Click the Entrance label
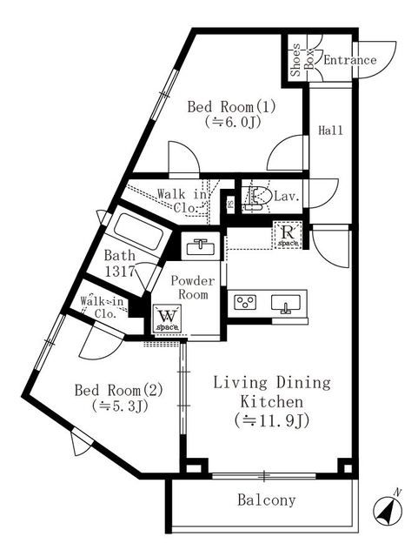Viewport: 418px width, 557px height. tap(349, 60)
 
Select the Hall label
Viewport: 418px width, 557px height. tap(330, 131)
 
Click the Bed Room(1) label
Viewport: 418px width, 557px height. tap(220, 107)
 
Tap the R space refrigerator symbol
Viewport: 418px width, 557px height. tap(288, 234)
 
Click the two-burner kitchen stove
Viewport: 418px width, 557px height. tap(246, 303)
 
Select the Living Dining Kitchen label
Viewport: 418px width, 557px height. tap(260, 393)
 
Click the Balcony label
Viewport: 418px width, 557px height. tap(266, 500)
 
